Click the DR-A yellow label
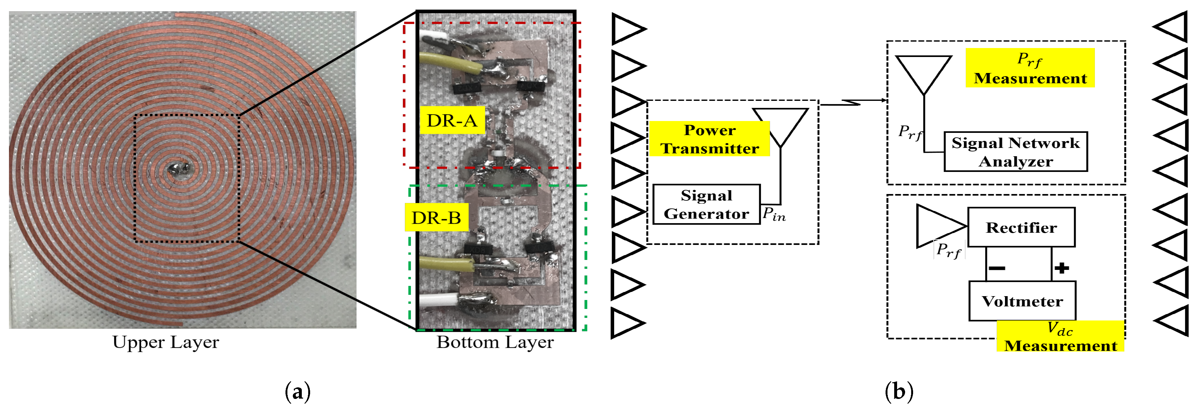pos(452,120)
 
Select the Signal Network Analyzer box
pos(1015,152)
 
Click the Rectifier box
pos(1021,227)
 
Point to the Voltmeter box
pos(1022,301)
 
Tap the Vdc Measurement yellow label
pos(1060,337)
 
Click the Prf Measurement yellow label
pos(1030,68)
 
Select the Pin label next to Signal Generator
pos(774,215)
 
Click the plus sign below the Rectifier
pos(1061,268)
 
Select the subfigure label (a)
pos(297,392)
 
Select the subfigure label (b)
pos(899,392)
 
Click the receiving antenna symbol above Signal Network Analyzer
pos(923,72)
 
